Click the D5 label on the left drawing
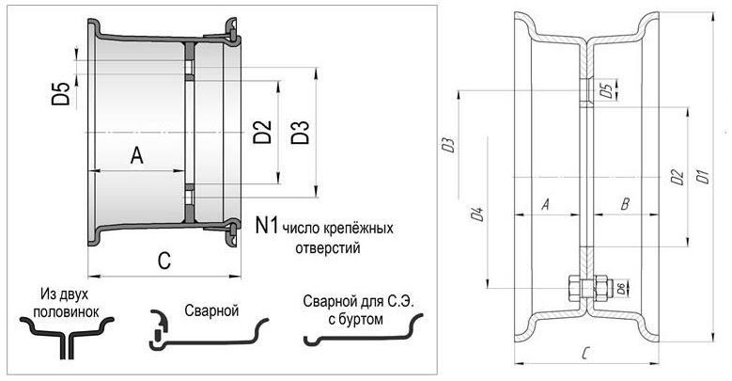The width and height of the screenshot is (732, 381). point(60,93)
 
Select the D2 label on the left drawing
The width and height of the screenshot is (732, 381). point(262,132)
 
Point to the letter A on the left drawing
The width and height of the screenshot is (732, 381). point(137,155)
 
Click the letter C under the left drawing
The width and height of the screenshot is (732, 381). point(164,261)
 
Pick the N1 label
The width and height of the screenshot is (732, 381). point(267,225)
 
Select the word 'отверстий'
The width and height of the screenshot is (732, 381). point(328,247)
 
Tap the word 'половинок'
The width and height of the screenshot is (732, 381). point(67,311)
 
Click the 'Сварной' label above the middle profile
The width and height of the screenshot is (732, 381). point(211,310)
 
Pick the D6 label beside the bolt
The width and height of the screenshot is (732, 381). point(621,289)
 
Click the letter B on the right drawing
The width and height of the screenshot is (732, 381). point(626,204)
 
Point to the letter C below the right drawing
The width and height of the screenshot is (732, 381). point(586,354)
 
